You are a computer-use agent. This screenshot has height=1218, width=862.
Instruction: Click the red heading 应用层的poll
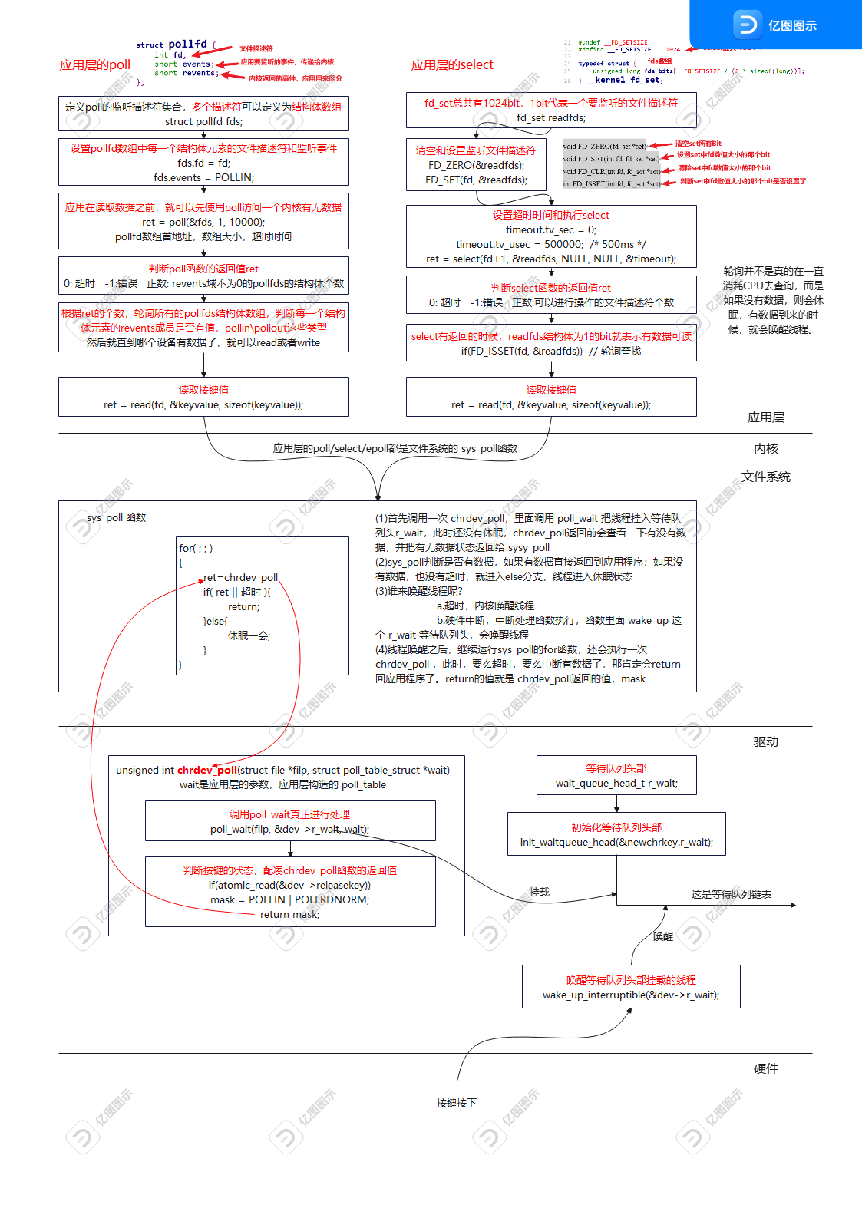[94, 65]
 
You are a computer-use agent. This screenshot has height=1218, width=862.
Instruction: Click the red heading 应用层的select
[451, 65]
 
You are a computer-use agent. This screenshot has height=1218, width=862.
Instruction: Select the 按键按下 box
[457, 1103]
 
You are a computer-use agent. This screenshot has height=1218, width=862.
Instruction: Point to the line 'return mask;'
[289, 914]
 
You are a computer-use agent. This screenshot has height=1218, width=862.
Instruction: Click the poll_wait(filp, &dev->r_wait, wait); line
[289, 829]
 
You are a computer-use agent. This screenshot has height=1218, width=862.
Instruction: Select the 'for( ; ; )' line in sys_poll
[196, 548]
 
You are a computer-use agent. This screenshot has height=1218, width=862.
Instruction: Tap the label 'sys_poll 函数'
[116, 517]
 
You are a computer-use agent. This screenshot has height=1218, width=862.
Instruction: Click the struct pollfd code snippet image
[240, 63]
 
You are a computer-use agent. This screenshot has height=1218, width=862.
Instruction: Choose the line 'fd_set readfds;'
[551, 117]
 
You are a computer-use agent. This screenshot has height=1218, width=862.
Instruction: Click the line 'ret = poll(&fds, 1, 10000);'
[203, 222]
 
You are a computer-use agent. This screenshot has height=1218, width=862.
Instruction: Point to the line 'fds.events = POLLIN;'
[203, 177]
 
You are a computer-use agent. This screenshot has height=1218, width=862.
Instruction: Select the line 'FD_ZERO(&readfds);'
[476, 165]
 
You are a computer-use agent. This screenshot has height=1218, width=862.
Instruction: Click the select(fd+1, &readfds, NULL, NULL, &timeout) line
[551, 259]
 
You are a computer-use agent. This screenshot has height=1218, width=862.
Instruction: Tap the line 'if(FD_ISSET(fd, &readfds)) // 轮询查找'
[551, 351]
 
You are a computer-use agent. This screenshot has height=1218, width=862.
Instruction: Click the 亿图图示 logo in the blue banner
[775, 25]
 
